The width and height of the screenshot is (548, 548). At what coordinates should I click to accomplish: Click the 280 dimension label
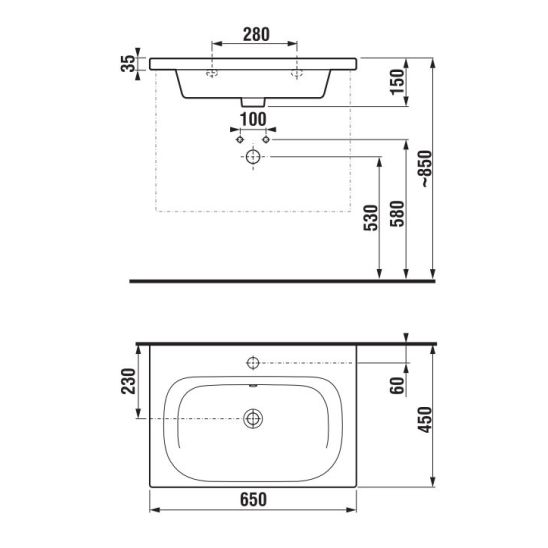point(256,35)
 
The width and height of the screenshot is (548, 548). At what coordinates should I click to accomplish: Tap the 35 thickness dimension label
point(128,64)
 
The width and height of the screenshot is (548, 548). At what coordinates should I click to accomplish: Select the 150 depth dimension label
point(397,82)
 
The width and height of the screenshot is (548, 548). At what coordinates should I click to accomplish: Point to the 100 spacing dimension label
point(253,120)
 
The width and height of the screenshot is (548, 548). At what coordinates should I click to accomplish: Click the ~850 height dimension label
point(426,169)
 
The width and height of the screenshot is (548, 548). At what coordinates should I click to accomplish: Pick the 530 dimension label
point(371,218)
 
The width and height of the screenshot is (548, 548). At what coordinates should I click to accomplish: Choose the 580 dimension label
point(397,214)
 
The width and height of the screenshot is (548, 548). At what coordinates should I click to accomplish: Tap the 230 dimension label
point(128,381)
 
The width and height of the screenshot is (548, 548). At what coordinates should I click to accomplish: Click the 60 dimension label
point(397,385)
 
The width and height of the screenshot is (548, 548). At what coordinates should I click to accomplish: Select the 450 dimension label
point(425,420)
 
